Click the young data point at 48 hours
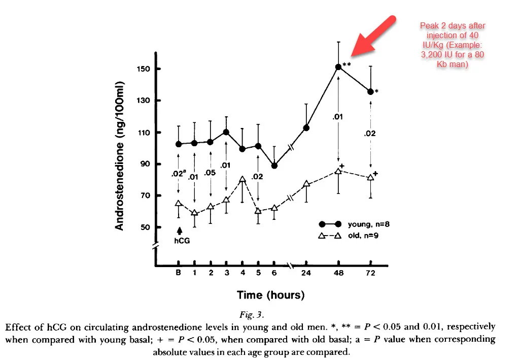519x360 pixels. (338, 67)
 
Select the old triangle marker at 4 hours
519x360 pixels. (243, 179)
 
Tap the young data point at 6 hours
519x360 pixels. (274, 166)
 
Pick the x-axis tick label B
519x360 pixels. (178, 273)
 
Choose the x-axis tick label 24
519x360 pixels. (306, 273)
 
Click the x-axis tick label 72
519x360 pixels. (370, 273)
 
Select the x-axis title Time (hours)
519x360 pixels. (270, 295)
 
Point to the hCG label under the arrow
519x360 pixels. (182, 241)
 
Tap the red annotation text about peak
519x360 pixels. (452, 45)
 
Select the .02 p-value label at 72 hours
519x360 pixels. (370, 134)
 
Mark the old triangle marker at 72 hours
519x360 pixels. (371, 177)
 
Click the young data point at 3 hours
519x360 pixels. (226, 132)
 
